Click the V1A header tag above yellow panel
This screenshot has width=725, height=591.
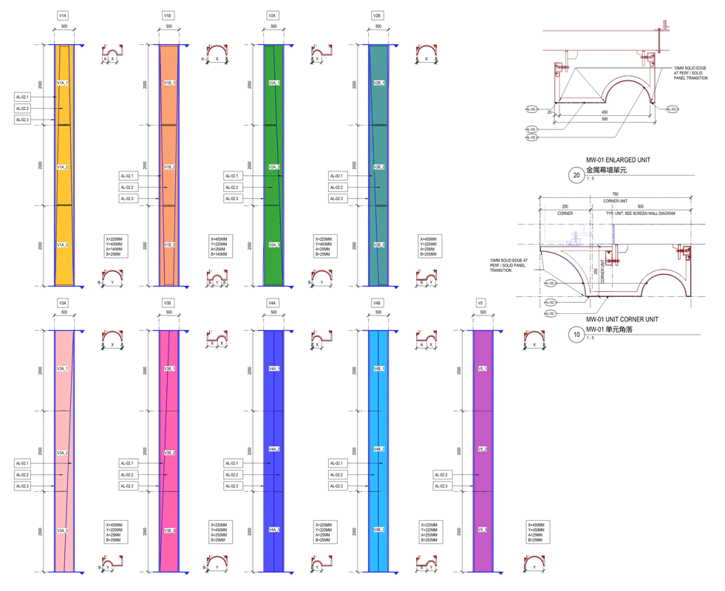(x=64, y=15)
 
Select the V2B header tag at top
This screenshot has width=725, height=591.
(x=378, y=15)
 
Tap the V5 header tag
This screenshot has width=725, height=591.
(x=482, y=303)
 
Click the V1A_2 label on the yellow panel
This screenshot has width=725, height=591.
(x=64, y=168)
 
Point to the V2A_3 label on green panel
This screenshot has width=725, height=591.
(x=273, y=245)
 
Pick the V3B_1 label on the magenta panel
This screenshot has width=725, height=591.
(x=169, y=368)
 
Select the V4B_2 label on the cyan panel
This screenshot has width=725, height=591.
(x=378, y=449)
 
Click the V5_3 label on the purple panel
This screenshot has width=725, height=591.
(x=482, y=530)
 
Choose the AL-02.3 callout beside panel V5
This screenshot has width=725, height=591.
(x=441, y=486)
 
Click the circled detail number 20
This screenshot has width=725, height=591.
(x=575, y=175)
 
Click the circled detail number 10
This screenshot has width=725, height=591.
(x=575, y=334)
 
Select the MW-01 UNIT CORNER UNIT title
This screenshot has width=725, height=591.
(x=622, y=319)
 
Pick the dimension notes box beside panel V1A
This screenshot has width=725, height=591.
(x=117, y=246)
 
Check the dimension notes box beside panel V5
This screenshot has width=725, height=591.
(x=537, y=532)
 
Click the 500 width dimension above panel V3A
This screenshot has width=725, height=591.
(x=64, y=312)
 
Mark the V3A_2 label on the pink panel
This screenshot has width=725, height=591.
(x=64, y=453)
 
